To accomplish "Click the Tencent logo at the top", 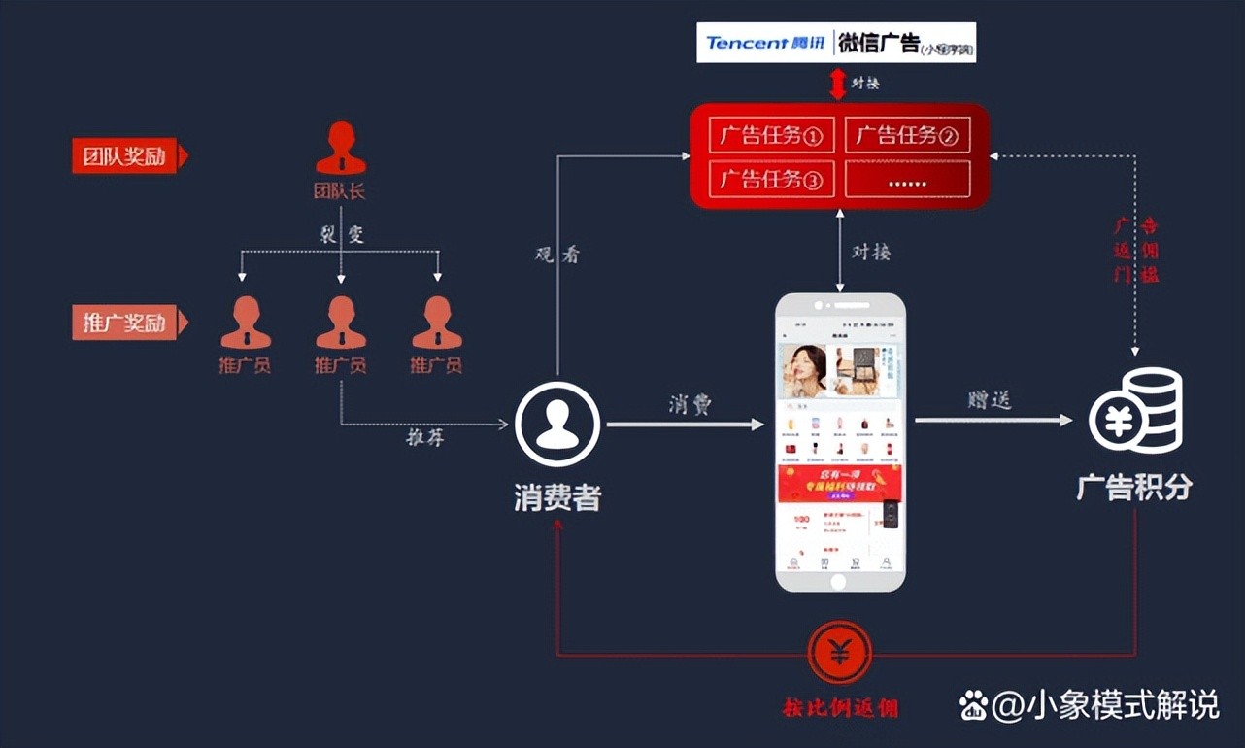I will click(x=762, y=43).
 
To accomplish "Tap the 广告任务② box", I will click(x=907, y=135).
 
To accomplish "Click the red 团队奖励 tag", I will click(x=125, y=155).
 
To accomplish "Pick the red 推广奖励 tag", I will click(x=125, y=323).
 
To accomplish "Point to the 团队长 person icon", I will click(x=340, y=149).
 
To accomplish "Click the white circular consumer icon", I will click(x=557, y=425).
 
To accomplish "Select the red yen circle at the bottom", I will click(x=839, y=653).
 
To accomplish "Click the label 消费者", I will click(x=557, y=497).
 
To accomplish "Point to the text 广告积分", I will click(x=1133, y=486).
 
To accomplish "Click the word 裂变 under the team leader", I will click(x=341, y=235).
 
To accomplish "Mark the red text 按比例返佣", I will click(x=840, y=707).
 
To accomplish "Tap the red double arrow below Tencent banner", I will click(x=837, y=83).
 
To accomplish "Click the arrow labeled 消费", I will click(x=686, y=424).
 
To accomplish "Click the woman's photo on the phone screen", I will click(x=802, y=369).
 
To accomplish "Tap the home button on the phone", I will click(x=839, y=581).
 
